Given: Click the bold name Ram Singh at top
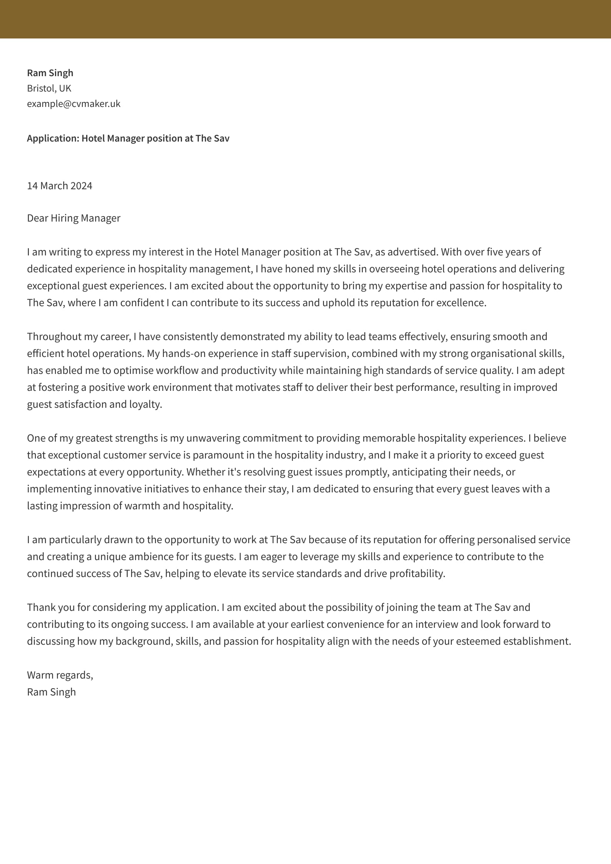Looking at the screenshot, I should coord(50,73).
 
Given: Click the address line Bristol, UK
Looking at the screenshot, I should coord(49,88).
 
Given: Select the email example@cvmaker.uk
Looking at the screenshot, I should coord(73,103).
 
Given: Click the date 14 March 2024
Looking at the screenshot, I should coord(60,186).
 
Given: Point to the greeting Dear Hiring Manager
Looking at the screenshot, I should coord(73,218).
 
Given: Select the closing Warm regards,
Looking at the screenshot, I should coord(60,675).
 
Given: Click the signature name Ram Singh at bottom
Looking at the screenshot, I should coord(51,692).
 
